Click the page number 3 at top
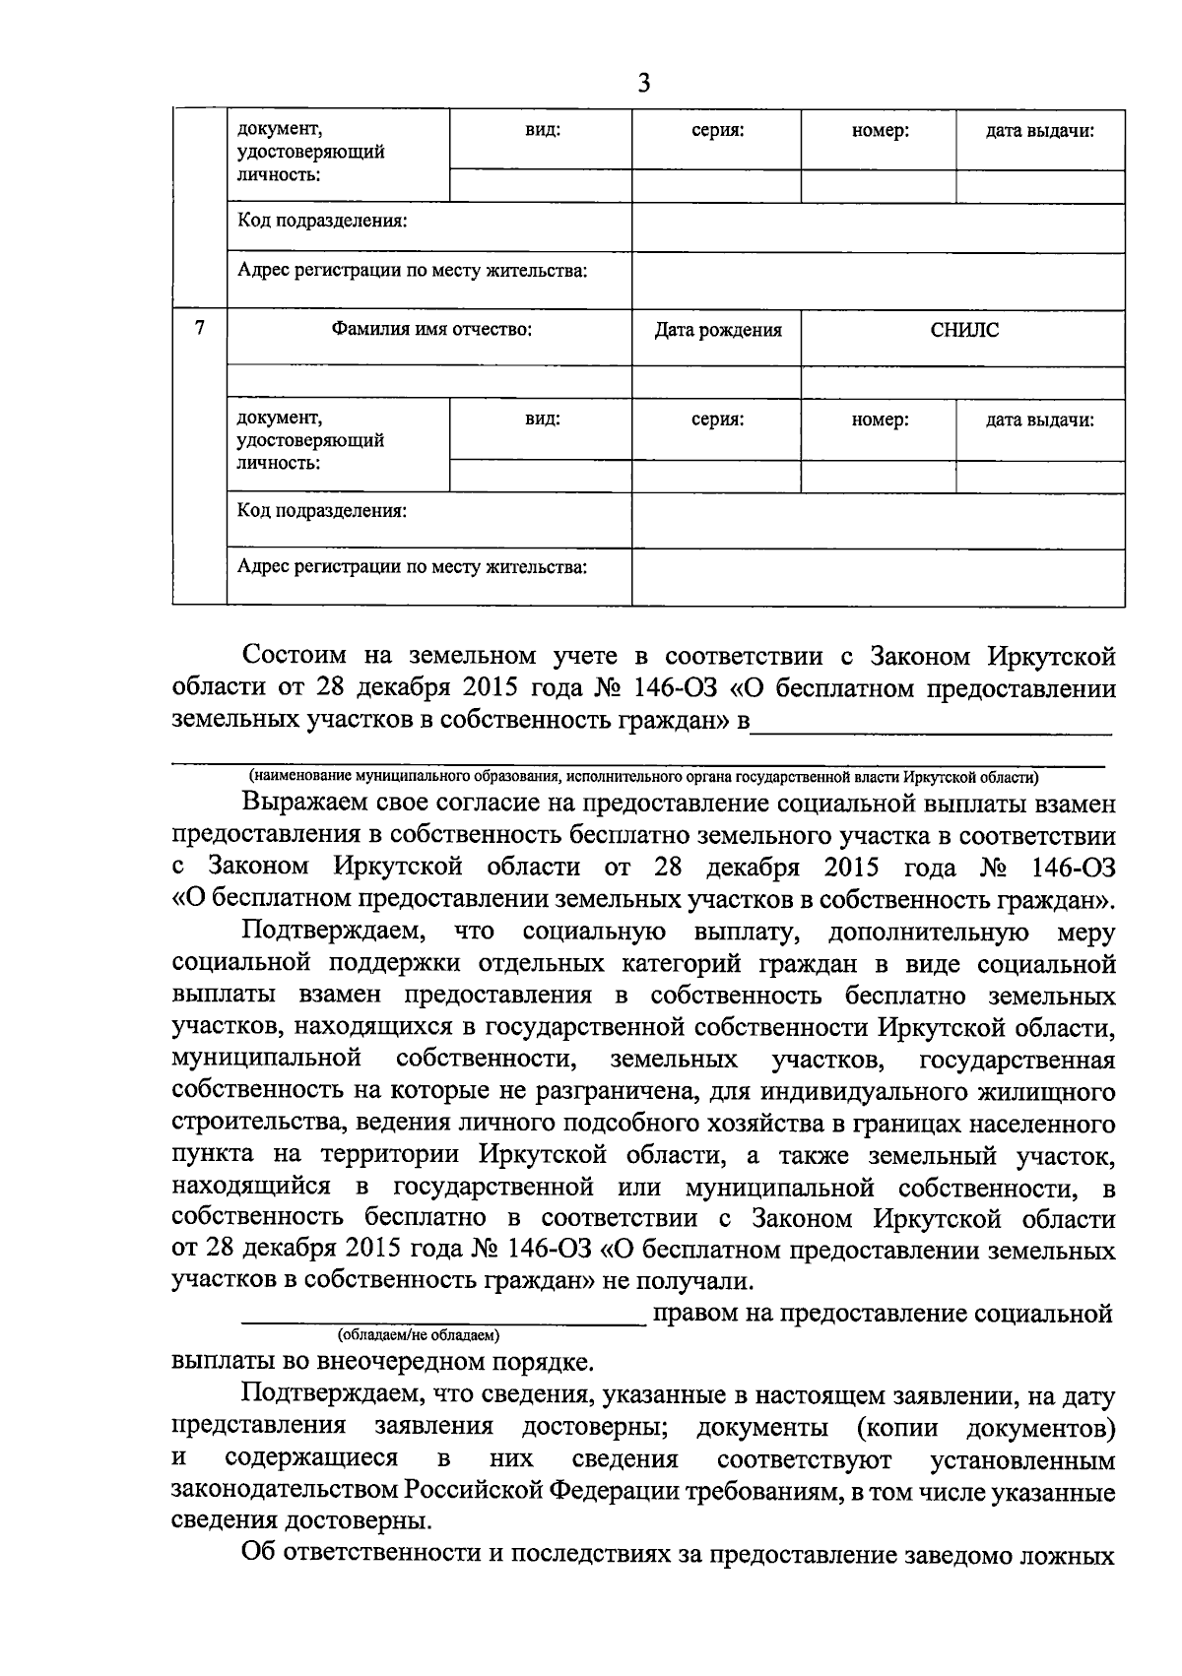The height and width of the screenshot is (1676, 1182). pyautogui.click(x=644, y=83)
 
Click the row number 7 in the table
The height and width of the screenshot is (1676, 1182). pyautogui.click(x=200, y=328)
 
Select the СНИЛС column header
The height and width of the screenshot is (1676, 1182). pyautogui.click(x=963, y=330)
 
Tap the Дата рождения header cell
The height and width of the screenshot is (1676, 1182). pyautogui.click(x=718, y=330)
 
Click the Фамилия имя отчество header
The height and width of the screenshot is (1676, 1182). pyautogui.click(x=431, y=330)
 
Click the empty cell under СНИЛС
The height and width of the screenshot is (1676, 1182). pyautogui.click(x=963, y=382)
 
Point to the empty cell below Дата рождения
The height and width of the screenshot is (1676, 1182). pyautogui.click(x=716, y=382)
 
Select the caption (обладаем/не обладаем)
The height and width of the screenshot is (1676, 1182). pyautogui.click(x=419, y=1335)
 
